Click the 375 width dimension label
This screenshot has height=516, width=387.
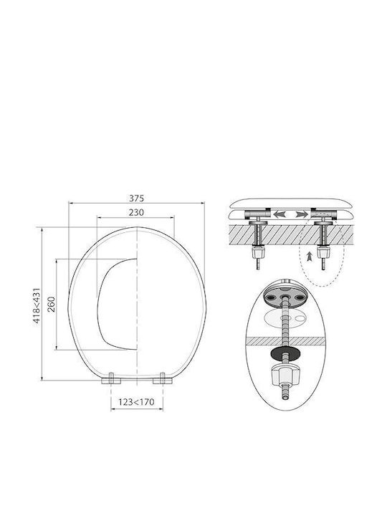tap(136, 199)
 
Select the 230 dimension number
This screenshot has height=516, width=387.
tap(136, 213)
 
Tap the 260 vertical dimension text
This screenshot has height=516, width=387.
tap(52, 304)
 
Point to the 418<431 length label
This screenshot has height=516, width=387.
tap(37, 306)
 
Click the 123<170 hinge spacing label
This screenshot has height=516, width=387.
tap(136, 402)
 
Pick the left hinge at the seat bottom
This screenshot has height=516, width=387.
tap(111, 379)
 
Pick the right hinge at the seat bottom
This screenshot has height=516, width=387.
tap(163, 379)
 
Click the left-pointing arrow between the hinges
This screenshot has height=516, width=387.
tap(279, 214)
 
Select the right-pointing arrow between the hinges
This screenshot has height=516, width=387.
tap(302, 214)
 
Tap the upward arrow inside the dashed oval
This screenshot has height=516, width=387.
tap(309, 257)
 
